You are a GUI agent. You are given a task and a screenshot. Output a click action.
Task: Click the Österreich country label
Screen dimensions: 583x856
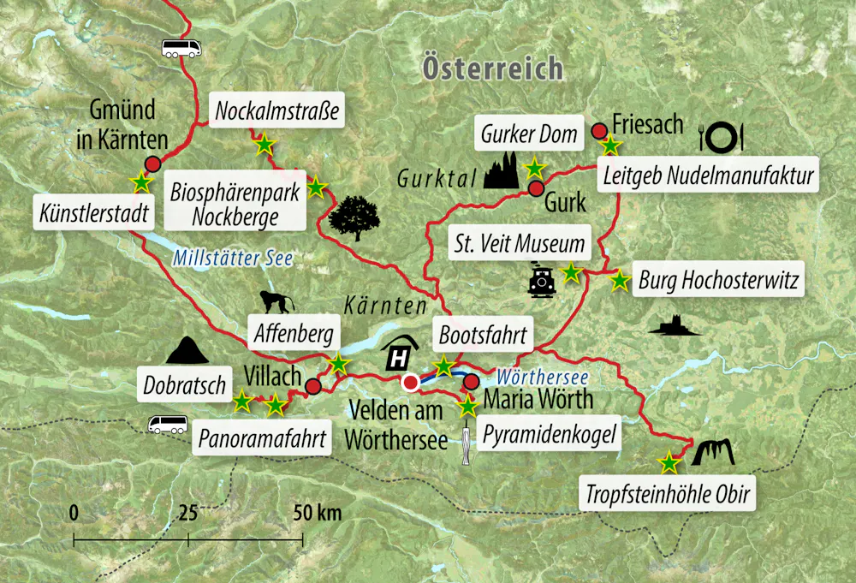[492, 68]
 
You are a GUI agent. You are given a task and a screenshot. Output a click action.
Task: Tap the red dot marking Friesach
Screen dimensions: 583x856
[599, 130]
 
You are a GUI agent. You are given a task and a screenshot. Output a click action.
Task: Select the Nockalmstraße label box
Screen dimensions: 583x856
[277, 110]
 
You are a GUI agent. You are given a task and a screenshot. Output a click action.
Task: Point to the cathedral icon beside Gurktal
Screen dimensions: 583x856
[501, 171]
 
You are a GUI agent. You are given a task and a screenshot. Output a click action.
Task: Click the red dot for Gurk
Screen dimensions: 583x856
[536, 188]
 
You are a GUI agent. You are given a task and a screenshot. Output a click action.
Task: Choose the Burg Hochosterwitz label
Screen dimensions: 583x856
[719, 281]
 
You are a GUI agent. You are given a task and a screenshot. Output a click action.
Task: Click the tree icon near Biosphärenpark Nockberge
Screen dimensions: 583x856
[354, 218]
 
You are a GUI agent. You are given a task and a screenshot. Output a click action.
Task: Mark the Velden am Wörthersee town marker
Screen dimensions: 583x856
[411, 382]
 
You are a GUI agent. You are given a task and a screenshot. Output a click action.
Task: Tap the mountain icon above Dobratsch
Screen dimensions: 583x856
[187, 350]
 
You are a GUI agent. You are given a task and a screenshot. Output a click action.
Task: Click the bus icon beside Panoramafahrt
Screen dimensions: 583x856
[168, 424]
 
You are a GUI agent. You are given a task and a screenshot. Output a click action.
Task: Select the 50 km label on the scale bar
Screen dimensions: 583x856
[317, 513]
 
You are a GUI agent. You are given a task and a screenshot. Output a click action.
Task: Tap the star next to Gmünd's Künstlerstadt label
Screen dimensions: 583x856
[140, 182]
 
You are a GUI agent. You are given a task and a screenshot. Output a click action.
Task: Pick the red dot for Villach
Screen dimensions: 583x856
[313, 387]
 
